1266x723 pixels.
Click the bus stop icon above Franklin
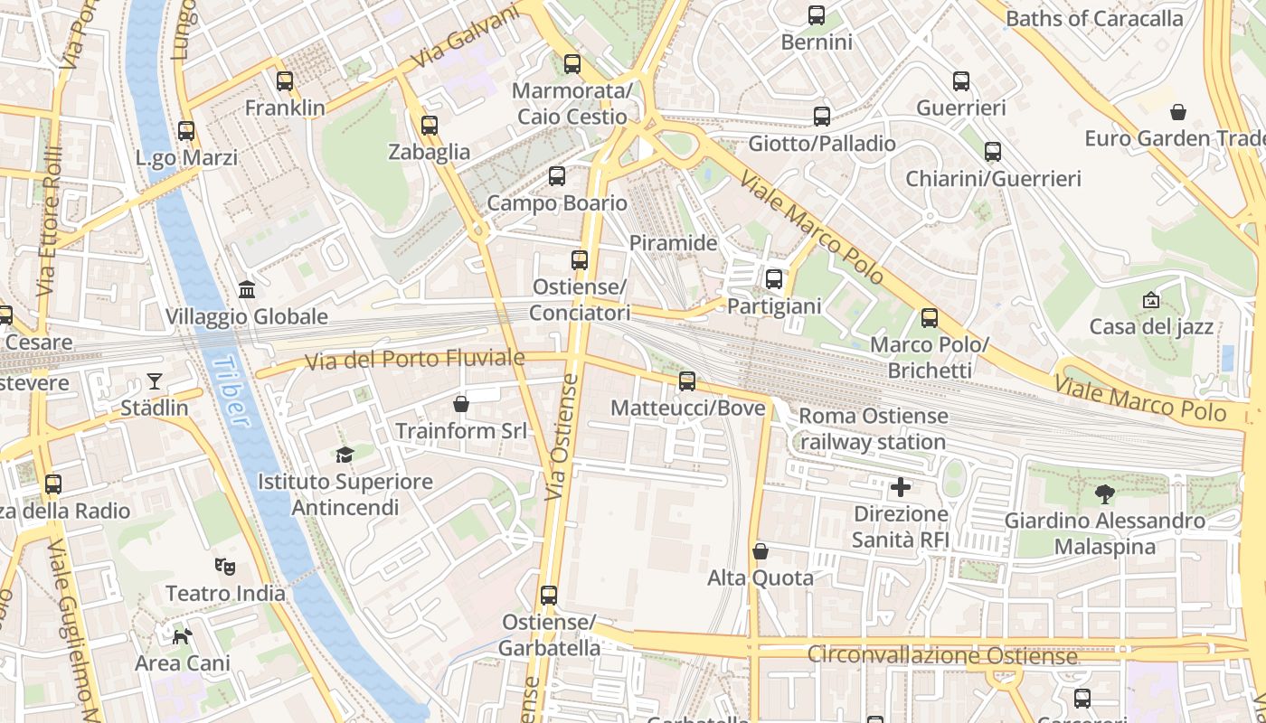tap(285, 81)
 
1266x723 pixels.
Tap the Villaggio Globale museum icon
tap(246, 290)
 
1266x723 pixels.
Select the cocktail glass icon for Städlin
tap(155, 381)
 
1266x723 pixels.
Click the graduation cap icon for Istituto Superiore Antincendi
tap(344, 455)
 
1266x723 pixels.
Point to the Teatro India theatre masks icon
tap(225, 567)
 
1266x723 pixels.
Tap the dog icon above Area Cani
tap(183, 636)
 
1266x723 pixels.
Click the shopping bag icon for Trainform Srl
tap(461, 404)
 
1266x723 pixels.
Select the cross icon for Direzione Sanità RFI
tap(901, 488)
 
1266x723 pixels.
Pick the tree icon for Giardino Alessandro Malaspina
tap(1104, 493)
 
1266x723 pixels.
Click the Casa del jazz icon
tap(1151, 300)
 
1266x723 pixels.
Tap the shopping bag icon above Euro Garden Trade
tap(1178, 112)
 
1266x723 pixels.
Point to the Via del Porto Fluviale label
tap(414, 360)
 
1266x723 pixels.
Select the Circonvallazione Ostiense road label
tap(941, 654)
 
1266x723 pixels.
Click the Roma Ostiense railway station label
tap(874, 429)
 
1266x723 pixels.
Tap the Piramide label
tap(673, 243)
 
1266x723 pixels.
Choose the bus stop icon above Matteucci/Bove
tap(687, 381)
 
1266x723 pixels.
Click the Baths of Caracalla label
tap(1094, 19)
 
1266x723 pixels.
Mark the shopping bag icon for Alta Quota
tap(761, 551)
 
